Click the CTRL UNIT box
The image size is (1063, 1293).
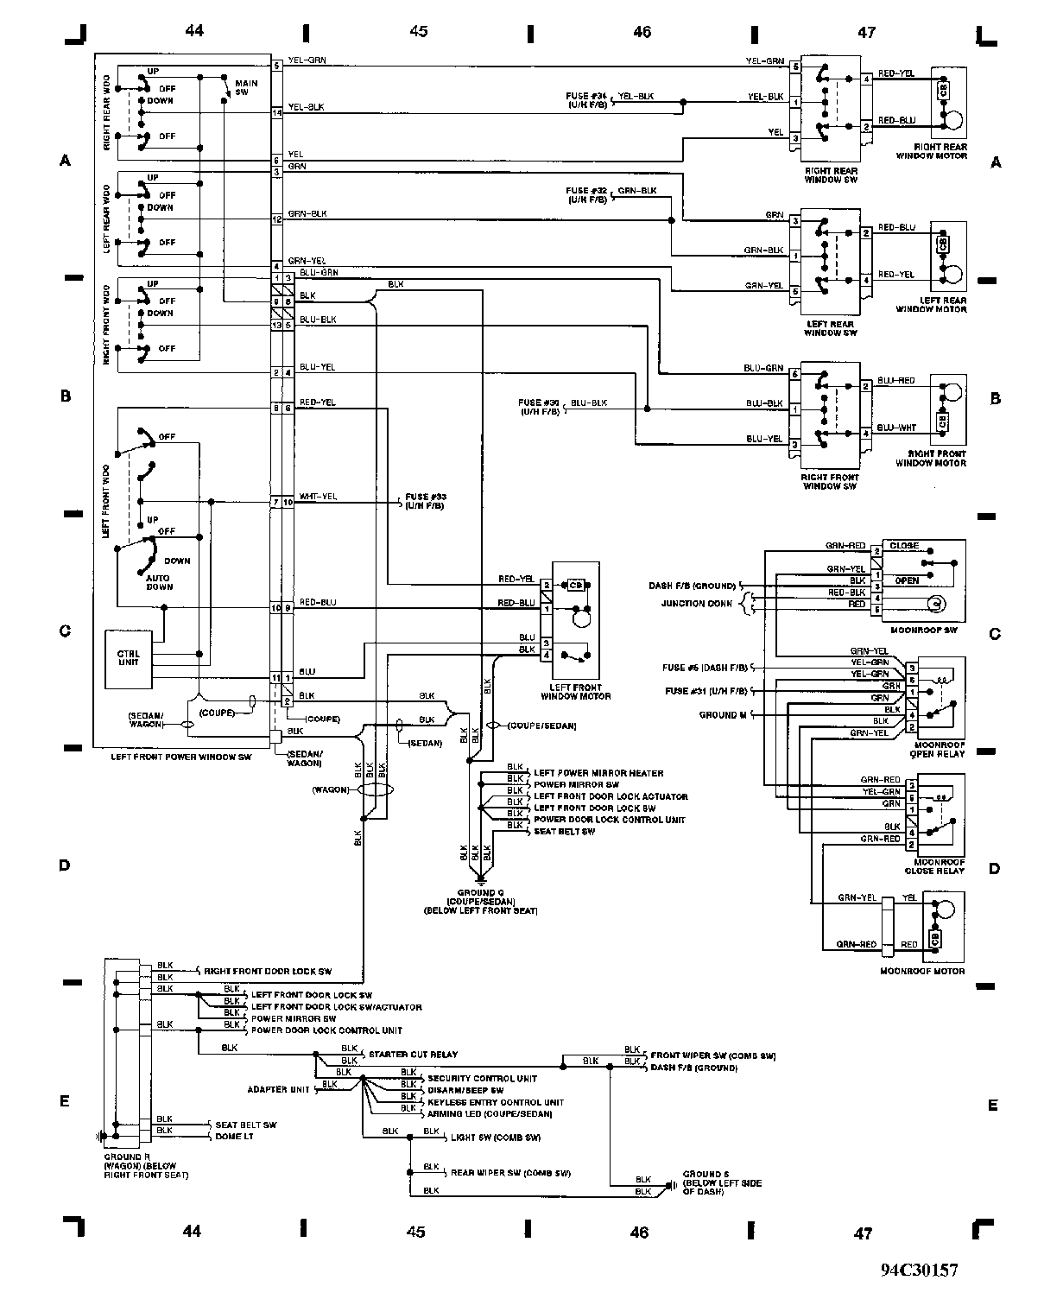click(128, 659)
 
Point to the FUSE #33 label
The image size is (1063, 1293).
click(424, 502)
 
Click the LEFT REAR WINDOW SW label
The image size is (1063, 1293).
click(830, 328)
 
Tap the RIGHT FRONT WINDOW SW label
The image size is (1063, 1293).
click(830, 482)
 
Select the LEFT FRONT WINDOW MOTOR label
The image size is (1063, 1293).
click(575, 691)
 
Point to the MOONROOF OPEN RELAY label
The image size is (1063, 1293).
click(939, 748)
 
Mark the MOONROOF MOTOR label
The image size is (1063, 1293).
click(921, 971)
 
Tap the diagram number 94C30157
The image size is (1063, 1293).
click(919, 1271)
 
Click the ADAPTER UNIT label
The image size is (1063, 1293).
click(278, 1089)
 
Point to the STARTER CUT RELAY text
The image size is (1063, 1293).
click(413, 1055)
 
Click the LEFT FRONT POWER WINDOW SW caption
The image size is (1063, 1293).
click(180, 757)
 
